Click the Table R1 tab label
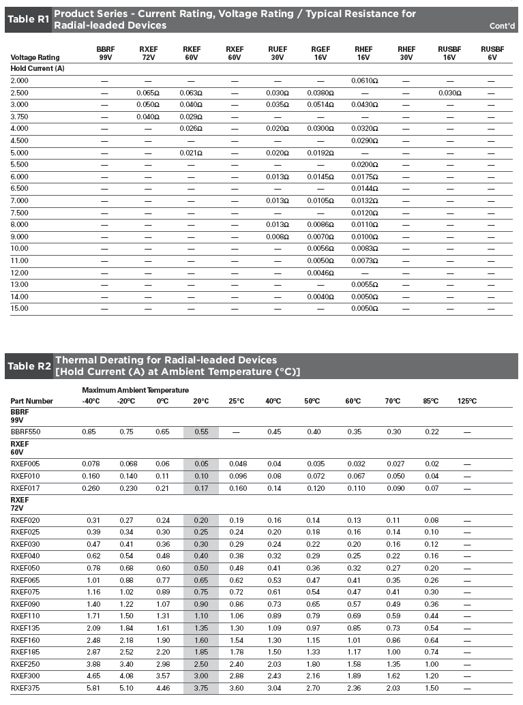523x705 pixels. coord(28,20)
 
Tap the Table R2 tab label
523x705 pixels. coord(29,366)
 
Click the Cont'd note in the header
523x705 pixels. coord(502,27)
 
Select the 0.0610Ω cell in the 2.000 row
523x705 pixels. coord(366,80)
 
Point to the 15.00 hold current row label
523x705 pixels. coord(20,308)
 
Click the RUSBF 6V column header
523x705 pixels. coord(492,53)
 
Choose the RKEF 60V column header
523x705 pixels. coord(191,53)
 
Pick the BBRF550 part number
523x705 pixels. coord(26,432)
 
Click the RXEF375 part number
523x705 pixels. coord(26,687)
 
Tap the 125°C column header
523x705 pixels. coord(466,401)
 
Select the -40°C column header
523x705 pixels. coord(91,401)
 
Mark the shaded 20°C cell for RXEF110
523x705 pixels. coord(200,616)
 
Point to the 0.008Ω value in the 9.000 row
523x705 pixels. coord(277,237)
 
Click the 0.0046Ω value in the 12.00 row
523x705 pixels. coord(320,273)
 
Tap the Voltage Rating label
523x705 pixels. coord(35,58)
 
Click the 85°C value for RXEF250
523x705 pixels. coord(432,663)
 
